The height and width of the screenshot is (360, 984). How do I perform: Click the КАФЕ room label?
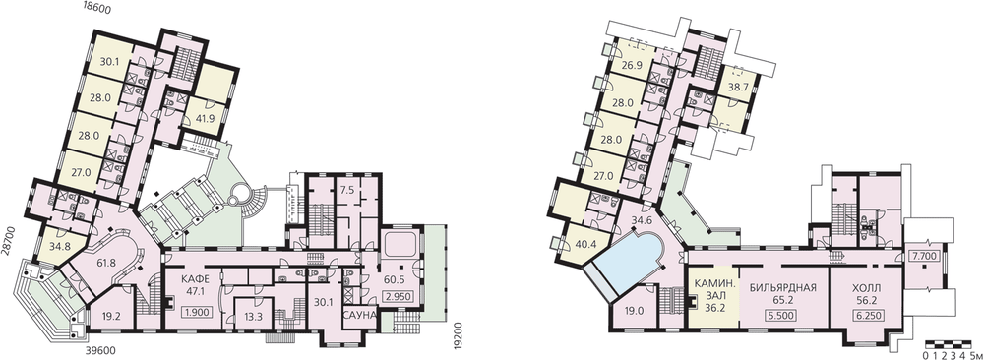click(193, 279)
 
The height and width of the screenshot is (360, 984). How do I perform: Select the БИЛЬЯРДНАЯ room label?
click(782, 288)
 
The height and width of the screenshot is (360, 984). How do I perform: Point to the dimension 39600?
click(101, 351)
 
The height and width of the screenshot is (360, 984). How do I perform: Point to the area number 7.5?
click(345, 191)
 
